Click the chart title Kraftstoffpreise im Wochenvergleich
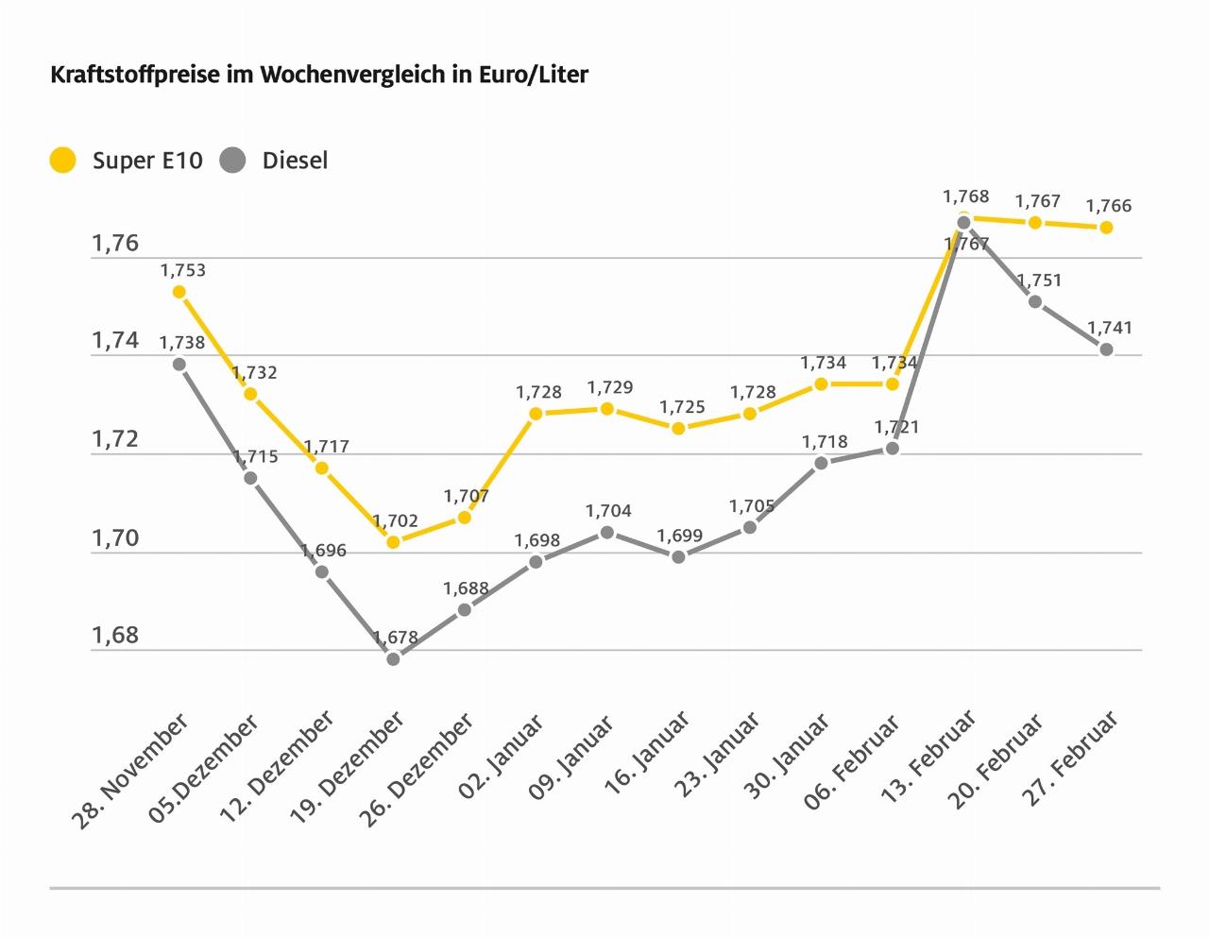click(319, 75)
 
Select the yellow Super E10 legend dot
click(63, 161)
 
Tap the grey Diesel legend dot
click(232, 161)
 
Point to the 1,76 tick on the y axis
click(114, 244)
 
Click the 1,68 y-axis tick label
click(114, 636)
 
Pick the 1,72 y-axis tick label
click(114, 439)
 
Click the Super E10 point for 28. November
click(179, 292)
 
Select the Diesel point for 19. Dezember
click(393, 658)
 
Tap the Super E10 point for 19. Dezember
click(393, 542)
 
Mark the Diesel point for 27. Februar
click(1106, 349)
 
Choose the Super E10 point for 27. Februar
click(1106, 228)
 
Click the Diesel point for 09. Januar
click(607, 533)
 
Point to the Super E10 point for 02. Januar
click(536, 414)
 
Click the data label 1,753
click(182, 270)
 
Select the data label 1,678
click(395, 638)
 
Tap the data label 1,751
click(1039, 281)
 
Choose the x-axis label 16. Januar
click(648, 757)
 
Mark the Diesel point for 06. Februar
click(893, 449)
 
